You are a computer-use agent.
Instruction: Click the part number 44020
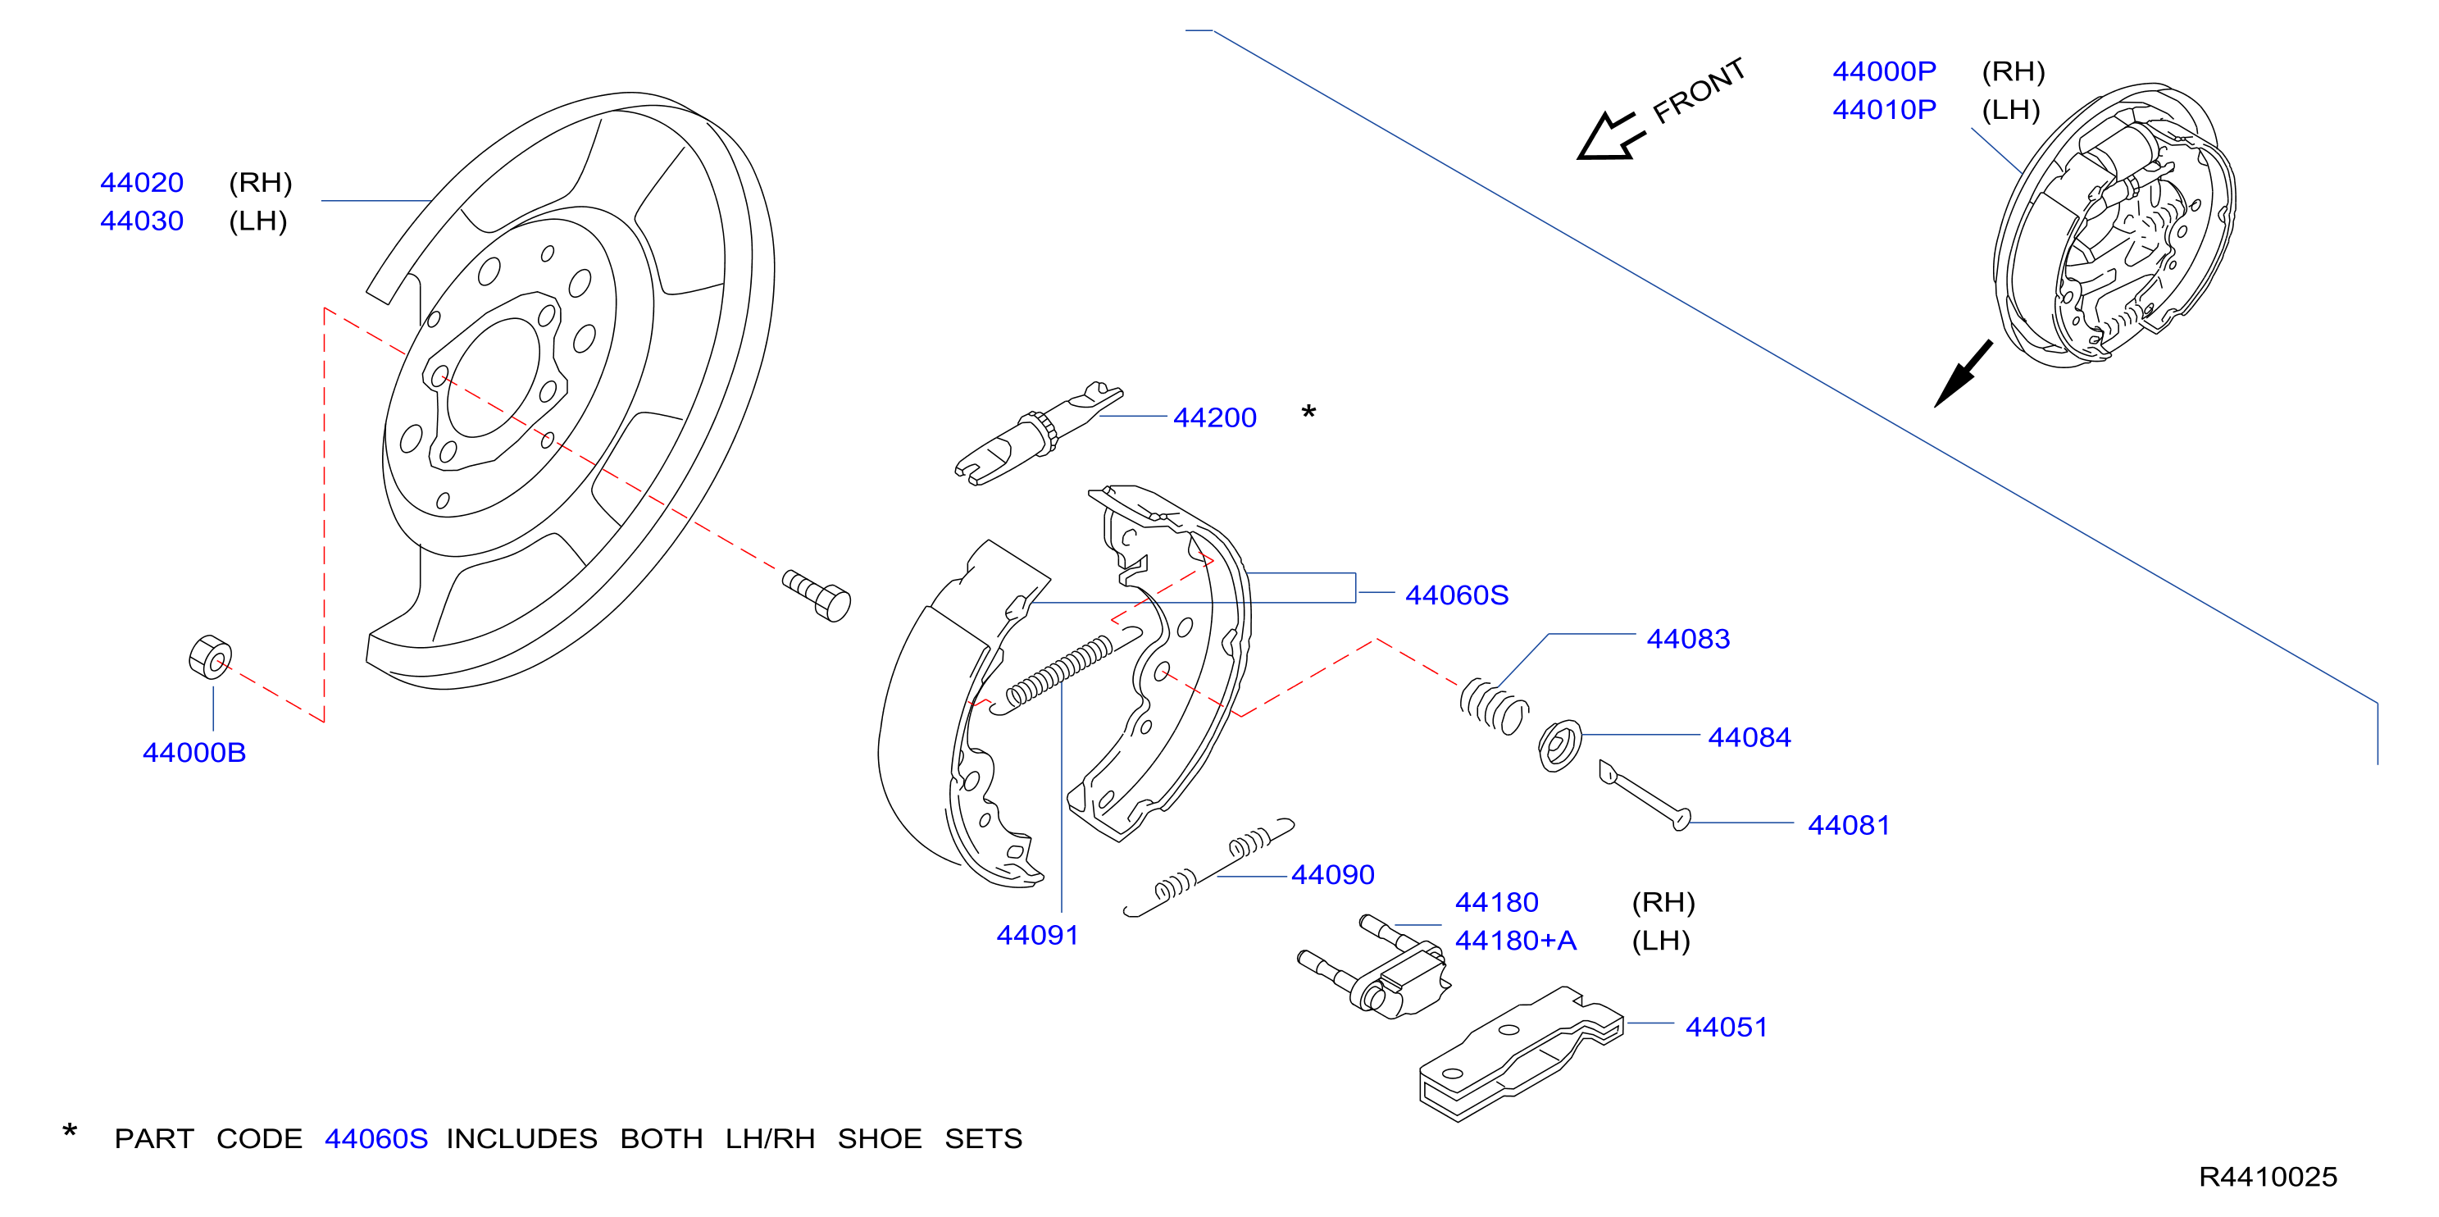(142, 182)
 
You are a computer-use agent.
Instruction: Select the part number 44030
(142, 221)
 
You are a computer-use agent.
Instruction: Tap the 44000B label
(194, 752)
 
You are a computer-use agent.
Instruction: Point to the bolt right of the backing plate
(817, 595)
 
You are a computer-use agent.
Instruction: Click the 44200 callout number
(1215, 417)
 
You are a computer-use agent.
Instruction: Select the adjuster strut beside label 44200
(1039, 435)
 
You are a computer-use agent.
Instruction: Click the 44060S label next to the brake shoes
(1456, 595)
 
